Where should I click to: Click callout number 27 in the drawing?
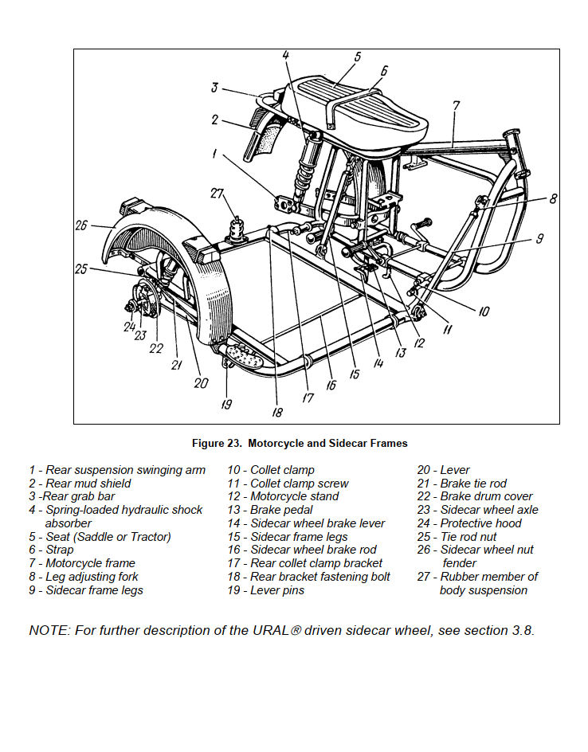coord(218,194)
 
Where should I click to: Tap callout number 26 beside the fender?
coord(81,225)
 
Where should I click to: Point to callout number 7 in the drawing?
coord(456,106)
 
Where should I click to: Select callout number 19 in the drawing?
coord(226,405)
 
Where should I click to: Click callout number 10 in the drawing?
coord(484,311)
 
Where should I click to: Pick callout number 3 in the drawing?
coord(214,88)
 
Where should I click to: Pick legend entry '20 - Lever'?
coord(443,470)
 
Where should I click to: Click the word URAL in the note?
coord(271,630)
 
